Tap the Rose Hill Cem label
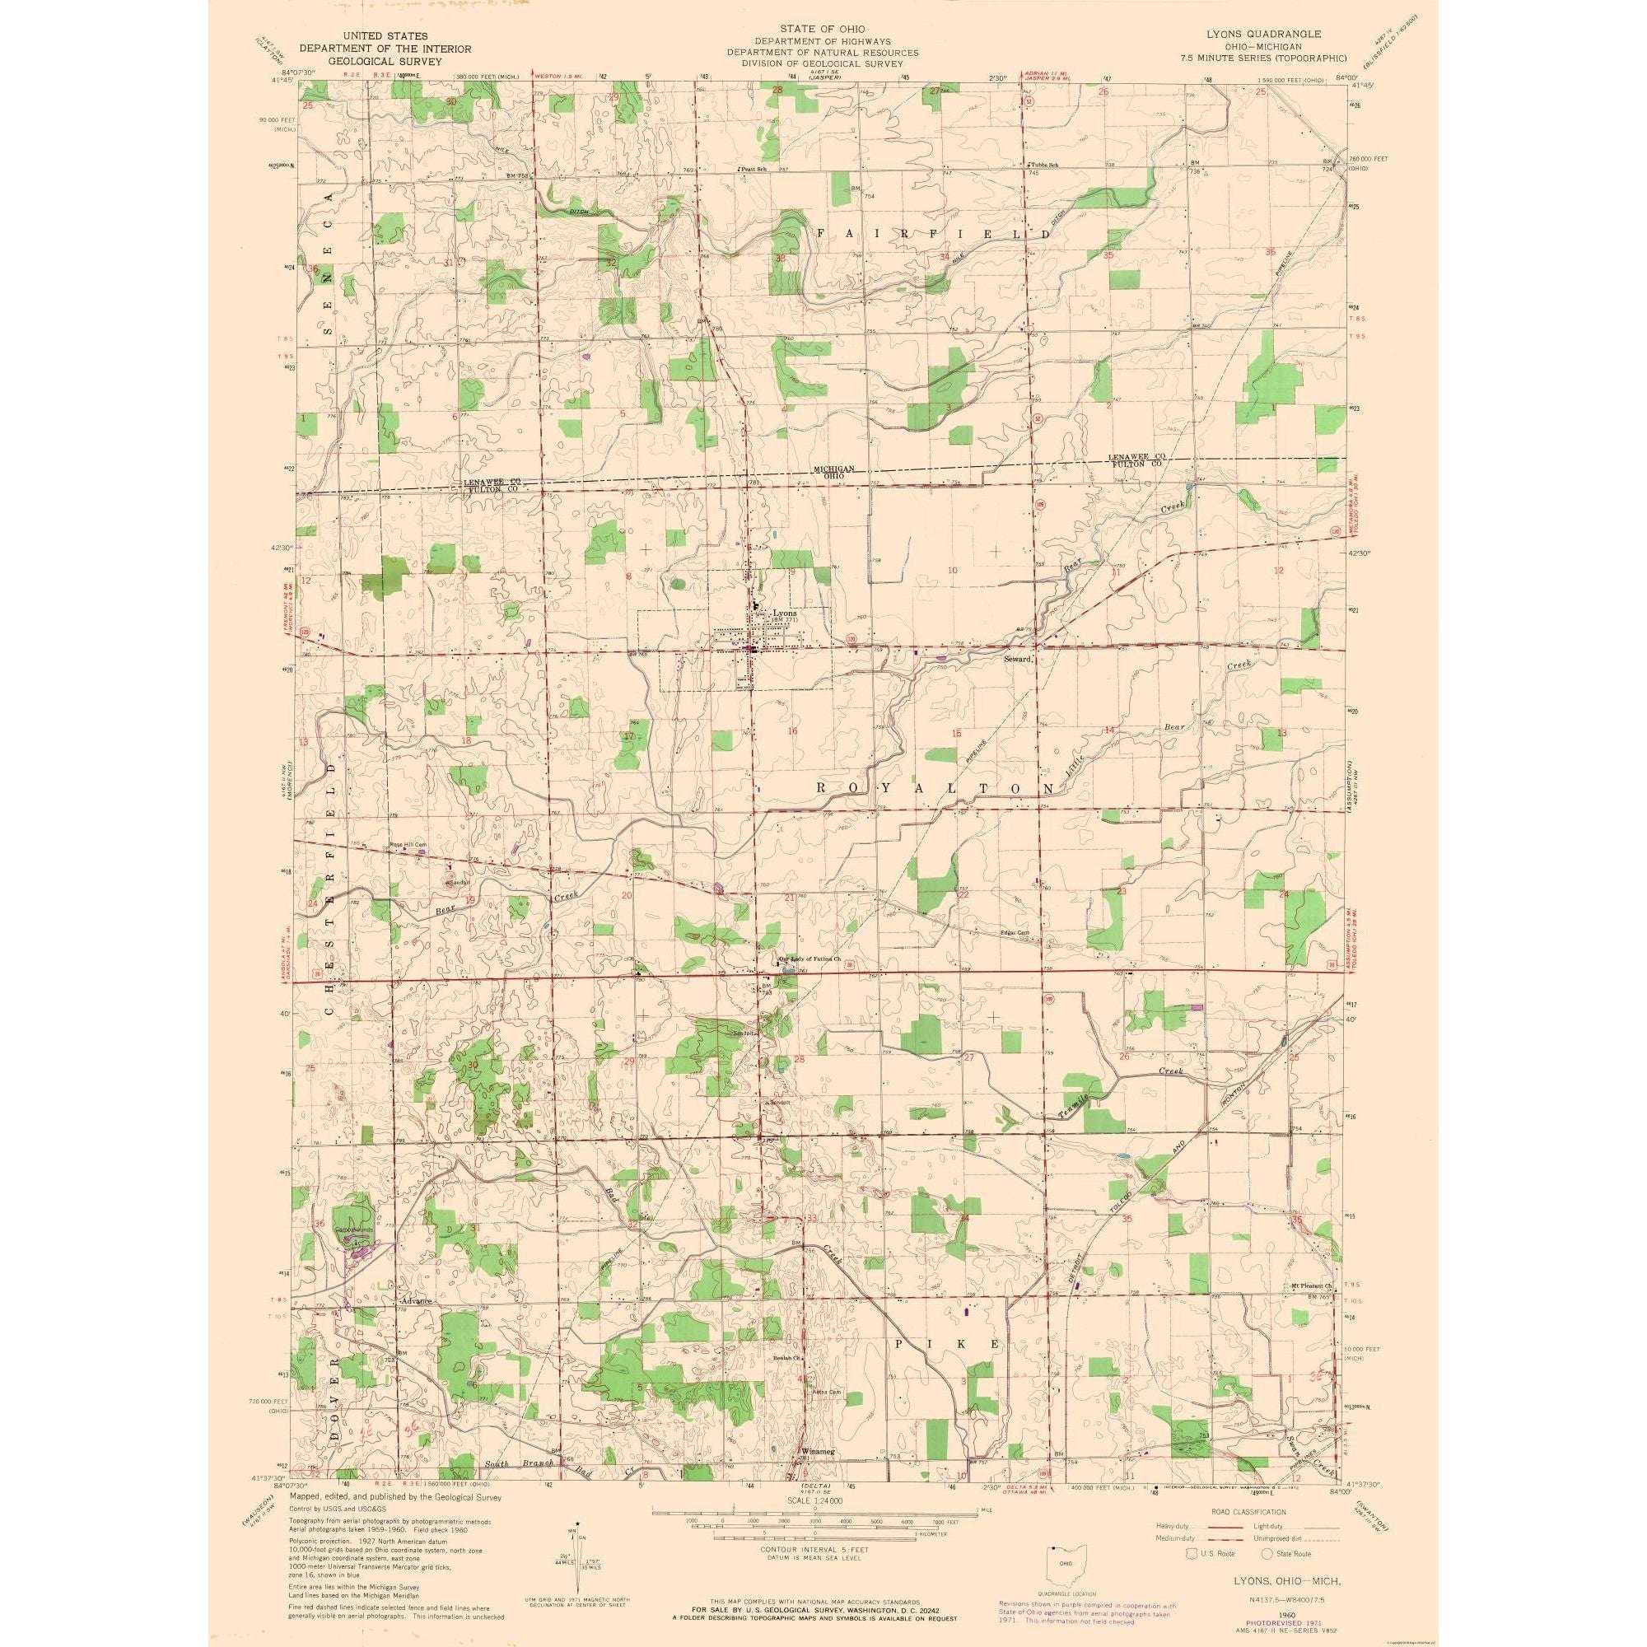(x=408, y=845)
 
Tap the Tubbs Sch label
(x=1045, y=165)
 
